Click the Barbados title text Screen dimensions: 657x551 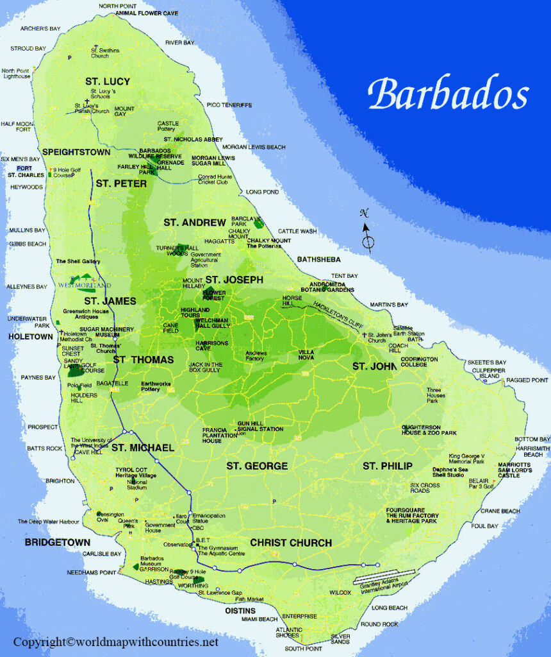[x=448, y=94]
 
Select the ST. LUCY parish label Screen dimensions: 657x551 [x=108, y=81]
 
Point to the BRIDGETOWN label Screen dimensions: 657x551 [x=58, y=542]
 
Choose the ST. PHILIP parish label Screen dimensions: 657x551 [x=388, y=465]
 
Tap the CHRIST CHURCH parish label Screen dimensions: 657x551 [x=291, y=543]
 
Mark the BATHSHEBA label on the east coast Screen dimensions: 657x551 [x=318, y=259]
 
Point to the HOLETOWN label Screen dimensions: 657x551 [x=31, y=336]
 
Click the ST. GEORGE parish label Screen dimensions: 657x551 [x=257, y=466]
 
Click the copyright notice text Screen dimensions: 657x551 [x=116, y=642]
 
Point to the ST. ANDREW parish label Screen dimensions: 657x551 [x=195, y=223]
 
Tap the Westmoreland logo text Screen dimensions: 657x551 [x=85, y=285]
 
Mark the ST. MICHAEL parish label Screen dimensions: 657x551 [x=143, y=447]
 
